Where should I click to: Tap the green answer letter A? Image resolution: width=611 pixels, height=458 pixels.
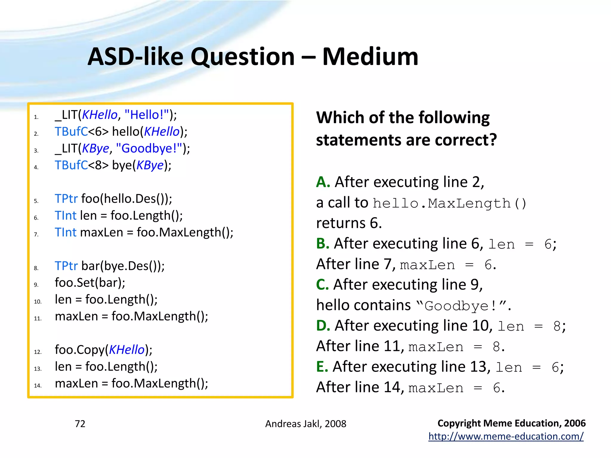[323, 182]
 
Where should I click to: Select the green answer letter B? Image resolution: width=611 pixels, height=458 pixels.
[323, 244]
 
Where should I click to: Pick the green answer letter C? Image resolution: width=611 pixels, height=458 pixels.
[323, 285]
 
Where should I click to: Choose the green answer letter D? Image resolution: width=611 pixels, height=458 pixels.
[323, 326]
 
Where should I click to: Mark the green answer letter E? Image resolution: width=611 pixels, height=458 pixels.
[322, 367]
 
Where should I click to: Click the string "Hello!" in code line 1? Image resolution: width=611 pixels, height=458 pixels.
[146, 115]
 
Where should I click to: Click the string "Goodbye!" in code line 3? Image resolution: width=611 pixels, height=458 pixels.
[149, 148]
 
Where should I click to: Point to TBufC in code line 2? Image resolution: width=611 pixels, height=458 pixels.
[71, 131]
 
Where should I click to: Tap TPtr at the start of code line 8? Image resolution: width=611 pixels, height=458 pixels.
[66, 266]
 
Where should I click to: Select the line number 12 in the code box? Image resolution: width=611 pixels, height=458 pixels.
[38, 352]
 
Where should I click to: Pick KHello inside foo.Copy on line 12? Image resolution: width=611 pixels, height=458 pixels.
[127, 350]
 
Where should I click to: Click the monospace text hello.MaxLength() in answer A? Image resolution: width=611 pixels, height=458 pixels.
[450, 204]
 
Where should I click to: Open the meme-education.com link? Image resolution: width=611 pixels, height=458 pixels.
[506, 437]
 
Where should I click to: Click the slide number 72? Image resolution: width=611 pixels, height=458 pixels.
[80, 424]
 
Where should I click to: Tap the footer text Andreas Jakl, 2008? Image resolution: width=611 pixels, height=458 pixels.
[305, 424]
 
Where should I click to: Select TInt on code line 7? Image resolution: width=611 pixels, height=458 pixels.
[66, 232]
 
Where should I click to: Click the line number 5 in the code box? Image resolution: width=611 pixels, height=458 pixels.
[36, 201]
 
